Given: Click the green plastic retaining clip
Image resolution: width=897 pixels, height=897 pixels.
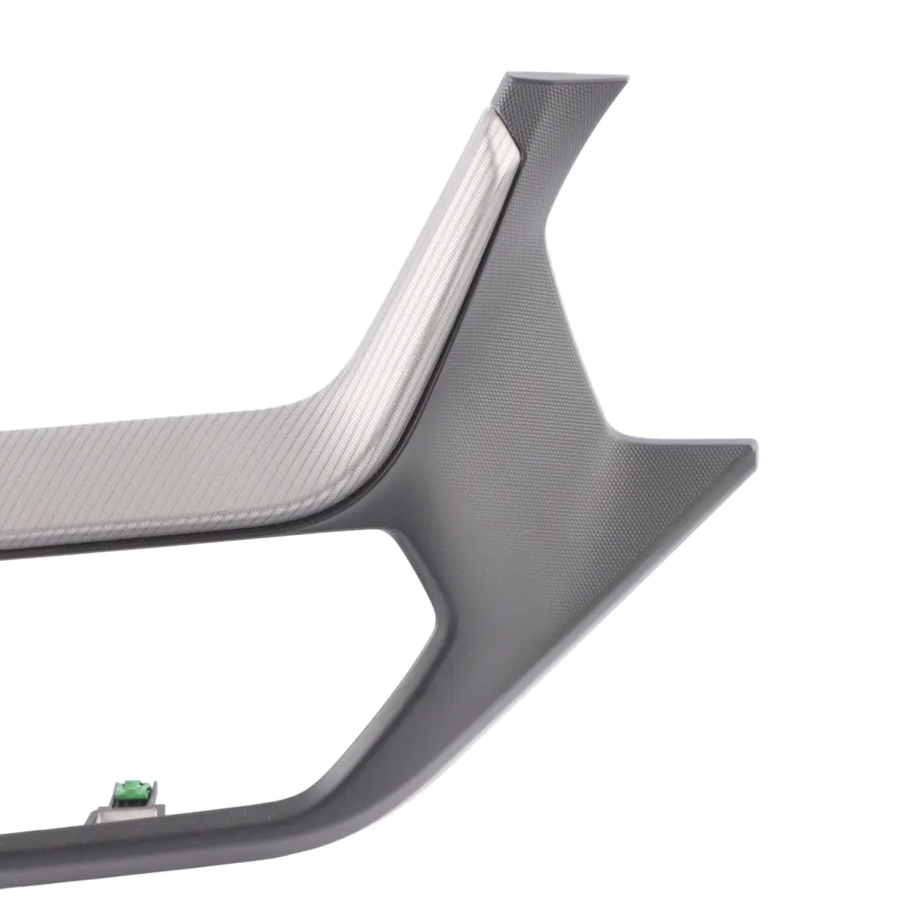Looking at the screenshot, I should click(130, 792).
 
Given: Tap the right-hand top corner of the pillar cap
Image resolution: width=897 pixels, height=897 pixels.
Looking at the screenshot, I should click(625, 80).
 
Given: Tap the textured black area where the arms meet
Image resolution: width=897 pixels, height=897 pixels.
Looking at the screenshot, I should click(515, 465).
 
